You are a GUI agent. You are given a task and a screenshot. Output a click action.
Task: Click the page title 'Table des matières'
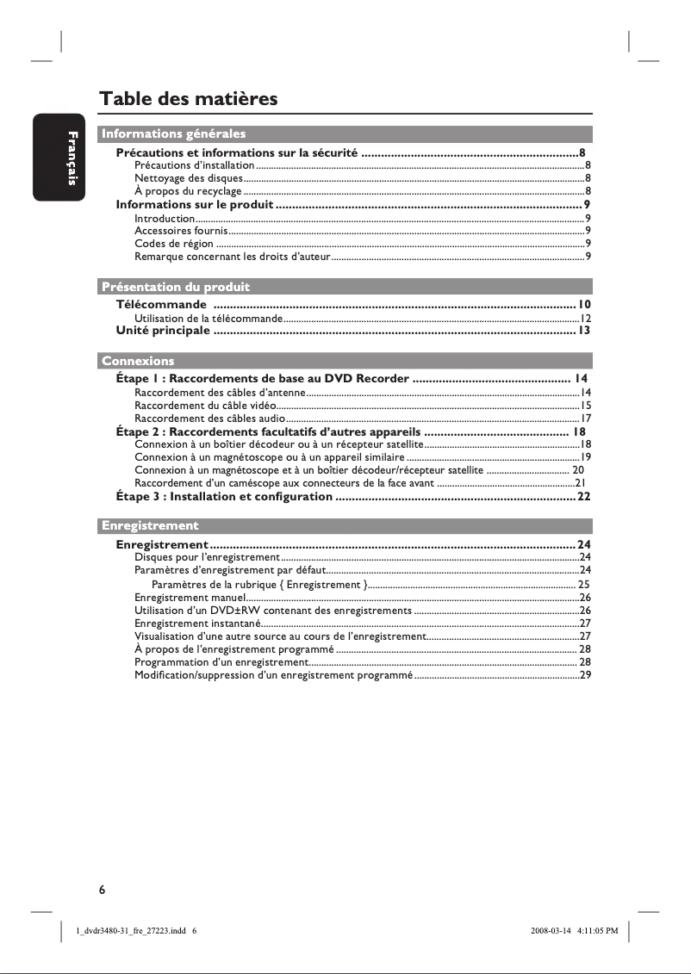[x=189, y=99]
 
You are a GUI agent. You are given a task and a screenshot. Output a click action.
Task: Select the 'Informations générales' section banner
[x=173, y=133]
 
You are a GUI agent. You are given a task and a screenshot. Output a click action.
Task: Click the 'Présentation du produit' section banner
[x=176, y=286]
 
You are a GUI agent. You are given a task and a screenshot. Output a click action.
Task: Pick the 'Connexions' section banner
[x=138, y=360]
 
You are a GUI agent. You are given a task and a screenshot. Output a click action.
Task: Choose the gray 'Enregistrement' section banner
[x=150, y=525]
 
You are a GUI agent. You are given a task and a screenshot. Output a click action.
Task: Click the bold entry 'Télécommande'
[x=161, y=305]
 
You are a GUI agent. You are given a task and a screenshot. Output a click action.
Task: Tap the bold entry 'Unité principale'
[x=163, y=330]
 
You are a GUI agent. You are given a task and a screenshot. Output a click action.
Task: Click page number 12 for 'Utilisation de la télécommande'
[x=584, y=319]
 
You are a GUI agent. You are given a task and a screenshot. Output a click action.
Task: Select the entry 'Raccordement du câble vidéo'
[x=205, y=405]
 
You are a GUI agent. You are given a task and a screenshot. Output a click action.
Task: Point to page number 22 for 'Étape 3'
[x=583, y=497]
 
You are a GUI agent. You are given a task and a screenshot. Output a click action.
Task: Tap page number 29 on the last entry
[x=585, y=675]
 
